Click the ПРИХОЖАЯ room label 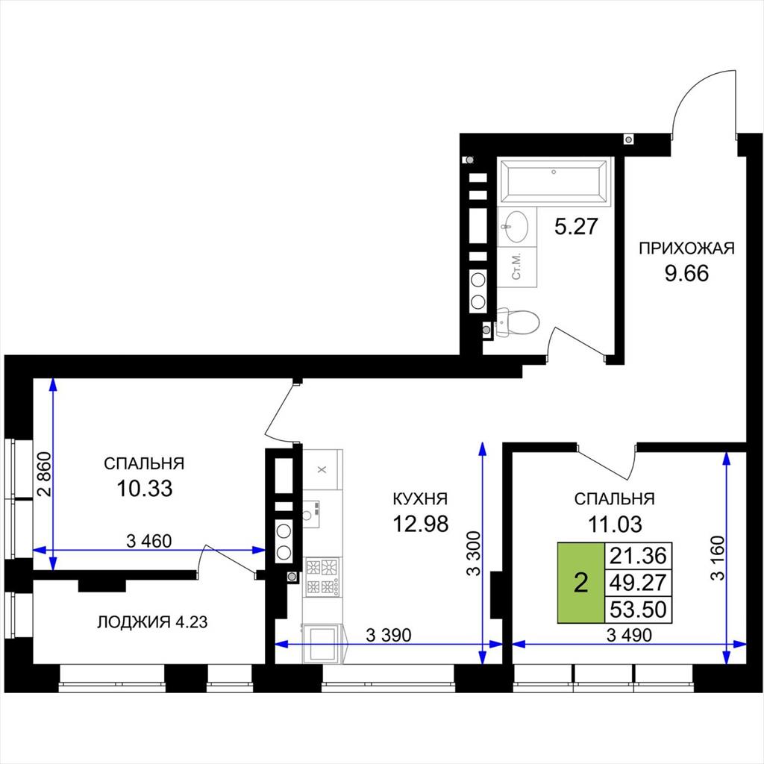coord(686,248)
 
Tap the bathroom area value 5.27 coord(576,227)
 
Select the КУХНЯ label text coord(420,499)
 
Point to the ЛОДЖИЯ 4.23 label coord(152,622)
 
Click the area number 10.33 coord(145,488)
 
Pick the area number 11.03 coord(615,525)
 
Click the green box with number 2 coord(580,583)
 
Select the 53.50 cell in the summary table coord(639,609)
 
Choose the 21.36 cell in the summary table coord(639,555)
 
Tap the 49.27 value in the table coord(639,582)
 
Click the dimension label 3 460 coord(149,541)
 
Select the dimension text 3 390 coord(388,635)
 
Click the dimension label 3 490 coord(630,635)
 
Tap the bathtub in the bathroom coord(554,181)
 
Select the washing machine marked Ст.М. coord(517,267)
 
